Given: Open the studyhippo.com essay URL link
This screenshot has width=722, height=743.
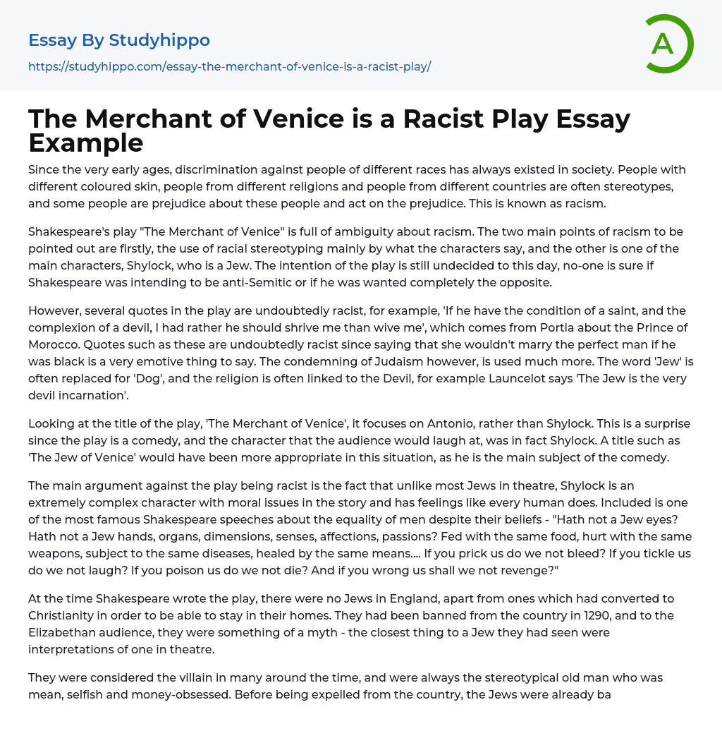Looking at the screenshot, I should pos(229,66).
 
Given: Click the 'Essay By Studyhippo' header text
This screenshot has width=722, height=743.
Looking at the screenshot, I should pos(119,40).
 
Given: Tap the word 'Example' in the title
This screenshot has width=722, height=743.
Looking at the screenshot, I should pos(86,143).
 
